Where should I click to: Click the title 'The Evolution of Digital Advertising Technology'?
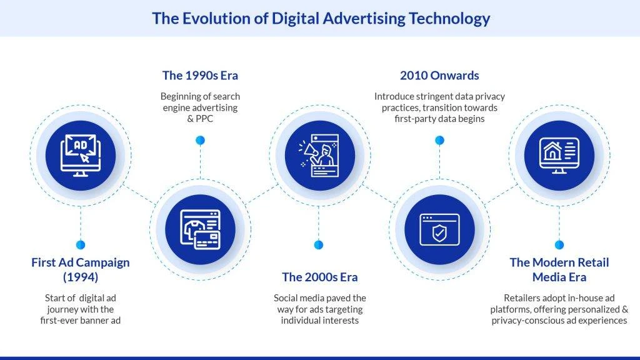click(x=321, y=18)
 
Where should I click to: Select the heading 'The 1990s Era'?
click(x=200, y=76)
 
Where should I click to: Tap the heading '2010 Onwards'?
click(x=439, y=76)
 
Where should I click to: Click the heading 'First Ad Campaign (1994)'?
click(x=81, y=269)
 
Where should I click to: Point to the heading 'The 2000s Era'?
click(x=319, y=277)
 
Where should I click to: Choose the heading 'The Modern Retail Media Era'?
click(x=559, y=269)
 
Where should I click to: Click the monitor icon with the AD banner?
click(x=81, y=155)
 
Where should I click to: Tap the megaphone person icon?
click(x=319, y=155)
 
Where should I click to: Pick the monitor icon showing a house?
click(x=559, y=155)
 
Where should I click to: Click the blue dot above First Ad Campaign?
click(x=81, y=245)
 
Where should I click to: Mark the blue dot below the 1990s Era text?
click(x=200, y=140)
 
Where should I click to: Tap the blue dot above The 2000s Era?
click(x=319, y=245)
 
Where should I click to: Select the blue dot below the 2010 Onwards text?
click(x=439, y=140)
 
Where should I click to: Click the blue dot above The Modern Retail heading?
click(x=559, y=245)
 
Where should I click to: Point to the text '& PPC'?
click(x=200, y=119)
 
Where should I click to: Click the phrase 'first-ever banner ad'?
click(x=81, y=321)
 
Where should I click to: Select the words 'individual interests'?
click(x=319, y=321)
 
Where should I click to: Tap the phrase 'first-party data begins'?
click(x=439, y=119)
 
